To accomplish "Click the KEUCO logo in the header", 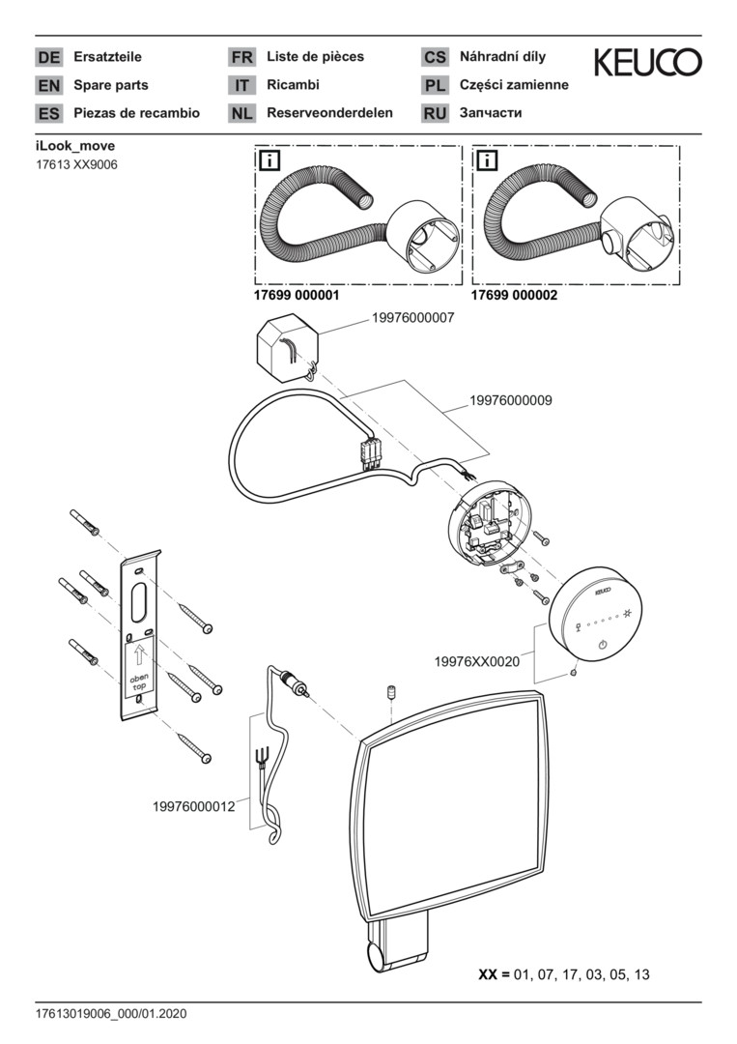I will [x=647, y=63].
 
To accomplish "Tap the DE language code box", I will [x=48, y=58].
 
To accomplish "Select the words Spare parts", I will [x=110, y=85].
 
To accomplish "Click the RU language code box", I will [x=435, y=114].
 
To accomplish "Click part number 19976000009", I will [x=511, y=399].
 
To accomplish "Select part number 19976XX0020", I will [x=477, y=662].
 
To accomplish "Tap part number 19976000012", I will [x=193, y=806].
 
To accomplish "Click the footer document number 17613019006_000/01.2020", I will [x=110, y=1014].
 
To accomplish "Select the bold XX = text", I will [x=495, y=974].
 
